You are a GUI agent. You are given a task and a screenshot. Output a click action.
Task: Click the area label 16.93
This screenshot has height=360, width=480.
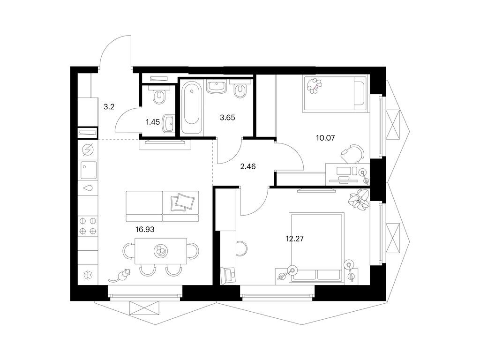point(144,229)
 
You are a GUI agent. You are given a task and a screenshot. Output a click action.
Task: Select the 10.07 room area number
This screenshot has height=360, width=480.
point(327,138)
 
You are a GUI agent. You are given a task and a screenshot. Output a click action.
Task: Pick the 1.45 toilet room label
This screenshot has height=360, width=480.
point(153,122)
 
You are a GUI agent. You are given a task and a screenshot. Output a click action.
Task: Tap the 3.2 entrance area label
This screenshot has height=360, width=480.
point(109,106)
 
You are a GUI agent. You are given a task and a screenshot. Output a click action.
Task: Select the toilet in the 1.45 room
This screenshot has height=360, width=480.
point(158,96)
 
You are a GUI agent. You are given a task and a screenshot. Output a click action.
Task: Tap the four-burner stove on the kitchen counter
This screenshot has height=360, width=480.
point(88,225)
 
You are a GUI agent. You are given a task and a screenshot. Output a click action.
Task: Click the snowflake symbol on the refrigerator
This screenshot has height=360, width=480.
point(88,274)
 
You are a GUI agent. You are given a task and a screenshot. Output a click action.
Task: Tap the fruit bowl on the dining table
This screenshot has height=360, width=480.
point(160,252)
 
